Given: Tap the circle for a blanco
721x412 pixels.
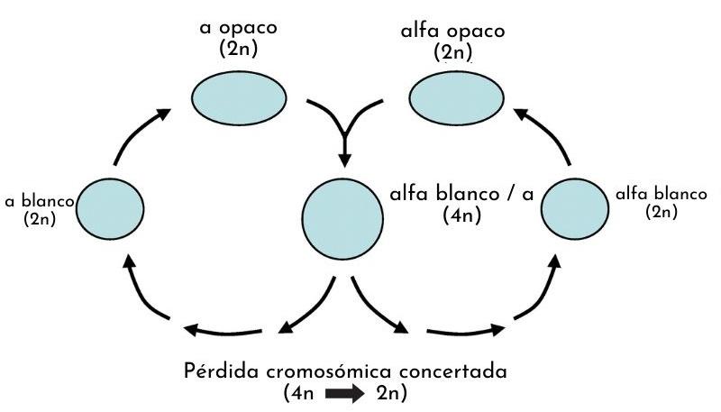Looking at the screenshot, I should click(111, 208).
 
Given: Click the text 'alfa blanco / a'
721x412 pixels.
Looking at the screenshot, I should click(461, 194).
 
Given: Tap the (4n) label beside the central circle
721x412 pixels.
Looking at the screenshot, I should click(461, 216).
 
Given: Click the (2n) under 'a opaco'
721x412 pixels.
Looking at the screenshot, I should click(238, 48).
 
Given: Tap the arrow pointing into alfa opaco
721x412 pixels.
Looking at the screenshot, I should click(545, 133).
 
